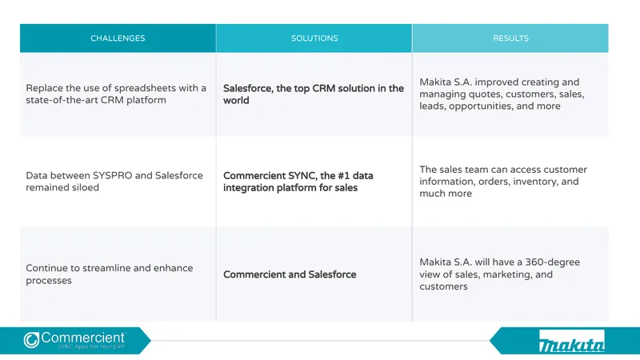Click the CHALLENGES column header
coord(118,38)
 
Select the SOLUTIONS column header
coord(314,38)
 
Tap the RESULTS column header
coord(510,38)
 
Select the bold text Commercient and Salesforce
coord(290,274)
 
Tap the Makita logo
coord(571,342)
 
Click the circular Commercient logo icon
coord(31,340)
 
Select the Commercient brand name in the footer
coord(83,338)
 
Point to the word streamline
coord(106,268)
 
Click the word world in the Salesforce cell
coord(236,101)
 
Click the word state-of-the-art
coord(54,100)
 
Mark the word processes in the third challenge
coord(49,281)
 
